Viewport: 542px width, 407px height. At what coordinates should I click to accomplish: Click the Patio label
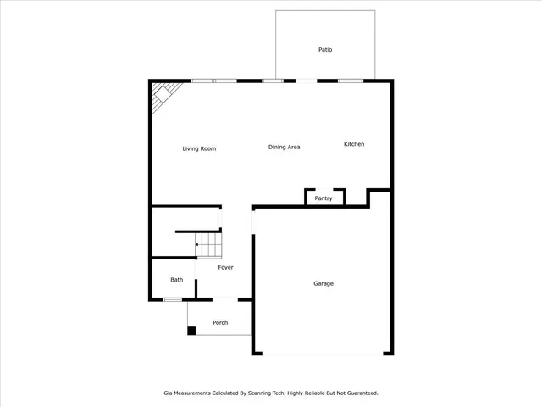click(325, 50)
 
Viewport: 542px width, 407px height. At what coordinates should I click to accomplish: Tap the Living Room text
click(199, 148)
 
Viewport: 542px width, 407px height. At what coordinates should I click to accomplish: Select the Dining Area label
click(285, 148)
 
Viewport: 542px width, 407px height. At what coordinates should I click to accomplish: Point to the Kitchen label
click(354, 144)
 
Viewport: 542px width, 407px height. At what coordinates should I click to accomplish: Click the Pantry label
click(324, 198)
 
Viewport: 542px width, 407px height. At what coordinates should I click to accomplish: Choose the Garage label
click(324, 283)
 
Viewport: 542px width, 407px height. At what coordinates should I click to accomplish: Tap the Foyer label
click(225, 268)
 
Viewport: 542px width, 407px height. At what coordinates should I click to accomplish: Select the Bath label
click(176, 280)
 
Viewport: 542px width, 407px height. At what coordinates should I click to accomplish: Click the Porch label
click(220, 322)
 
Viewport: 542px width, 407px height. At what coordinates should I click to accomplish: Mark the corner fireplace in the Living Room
click(162, 97)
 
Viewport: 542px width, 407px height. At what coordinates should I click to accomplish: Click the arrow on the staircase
click(198, 245)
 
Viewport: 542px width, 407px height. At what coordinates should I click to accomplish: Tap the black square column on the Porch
click(191, 331)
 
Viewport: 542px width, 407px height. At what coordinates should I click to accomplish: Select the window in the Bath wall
click(172, 298)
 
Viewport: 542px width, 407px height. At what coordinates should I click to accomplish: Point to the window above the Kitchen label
click(351, 81)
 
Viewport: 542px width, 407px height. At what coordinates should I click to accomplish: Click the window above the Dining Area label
click(272, 81)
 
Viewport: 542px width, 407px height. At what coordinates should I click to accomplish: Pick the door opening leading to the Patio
click(307, 81)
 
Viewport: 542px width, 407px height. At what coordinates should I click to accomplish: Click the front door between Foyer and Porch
click(224, 298)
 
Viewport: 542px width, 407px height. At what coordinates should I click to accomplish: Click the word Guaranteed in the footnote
click(361, 393)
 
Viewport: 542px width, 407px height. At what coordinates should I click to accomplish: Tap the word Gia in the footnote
click(168, 393)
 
